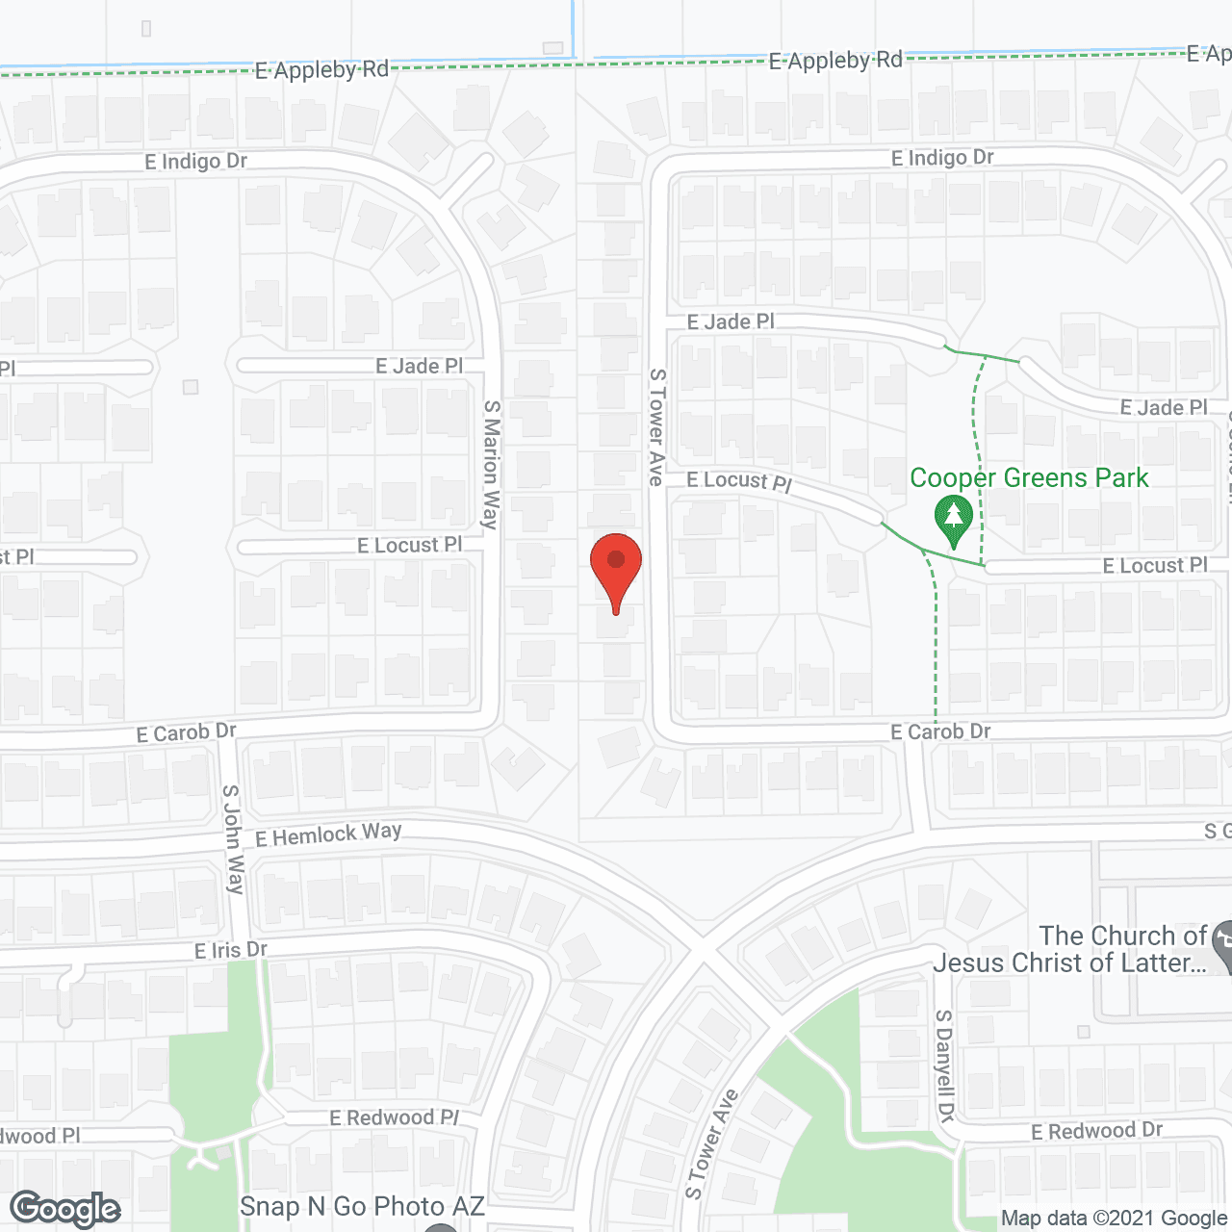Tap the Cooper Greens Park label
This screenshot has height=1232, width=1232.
point(1029,478)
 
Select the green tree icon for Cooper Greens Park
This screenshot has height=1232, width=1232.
point(954,521)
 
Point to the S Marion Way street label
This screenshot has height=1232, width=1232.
point(491,465)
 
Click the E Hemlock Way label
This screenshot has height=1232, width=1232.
point(328,834)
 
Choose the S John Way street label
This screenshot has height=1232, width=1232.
point(233,839)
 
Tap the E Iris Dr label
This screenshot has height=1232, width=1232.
point(231,951)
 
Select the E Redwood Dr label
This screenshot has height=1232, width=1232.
point(1096,1131)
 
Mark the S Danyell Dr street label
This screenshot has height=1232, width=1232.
point(944,1065)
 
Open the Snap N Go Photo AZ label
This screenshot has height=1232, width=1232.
point(362,1207)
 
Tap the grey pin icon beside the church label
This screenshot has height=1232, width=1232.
point(1222,945)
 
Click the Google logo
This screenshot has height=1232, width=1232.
point(65,1209)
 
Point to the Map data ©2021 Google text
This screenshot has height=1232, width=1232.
point(1115,1219)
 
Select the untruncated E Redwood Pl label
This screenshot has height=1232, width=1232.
point(395,1117)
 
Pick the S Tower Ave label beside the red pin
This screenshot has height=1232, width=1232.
point(656,426)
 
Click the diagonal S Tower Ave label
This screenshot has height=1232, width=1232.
point(711,1143)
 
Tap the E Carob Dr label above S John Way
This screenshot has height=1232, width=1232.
point(186,733)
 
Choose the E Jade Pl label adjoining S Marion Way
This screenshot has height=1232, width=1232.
point(419,366)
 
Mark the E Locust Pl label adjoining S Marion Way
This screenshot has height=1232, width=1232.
point(409,546)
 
